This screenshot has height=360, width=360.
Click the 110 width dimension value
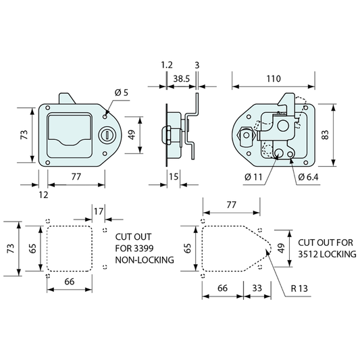click(x=274, y=79)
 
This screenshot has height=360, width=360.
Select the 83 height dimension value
click(x=326, y=135)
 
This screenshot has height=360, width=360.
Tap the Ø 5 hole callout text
click(x=121, y=93)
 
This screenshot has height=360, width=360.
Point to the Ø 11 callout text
click(x=253, y=177)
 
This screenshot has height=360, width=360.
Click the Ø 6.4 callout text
click(x=308, y=177)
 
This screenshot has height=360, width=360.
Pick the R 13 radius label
click(x=299, y=288)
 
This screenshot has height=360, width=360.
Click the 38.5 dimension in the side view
click(x=182, y=79)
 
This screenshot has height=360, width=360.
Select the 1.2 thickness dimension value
click(x=167, y=65)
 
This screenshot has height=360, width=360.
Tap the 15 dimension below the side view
click(x=174, y=177)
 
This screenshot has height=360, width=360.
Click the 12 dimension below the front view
click(x=43, y=195)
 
